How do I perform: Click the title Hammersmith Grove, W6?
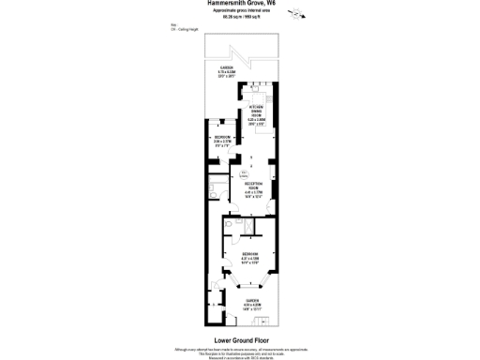pos(239,4)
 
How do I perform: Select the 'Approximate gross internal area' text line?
pos(239,11)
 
